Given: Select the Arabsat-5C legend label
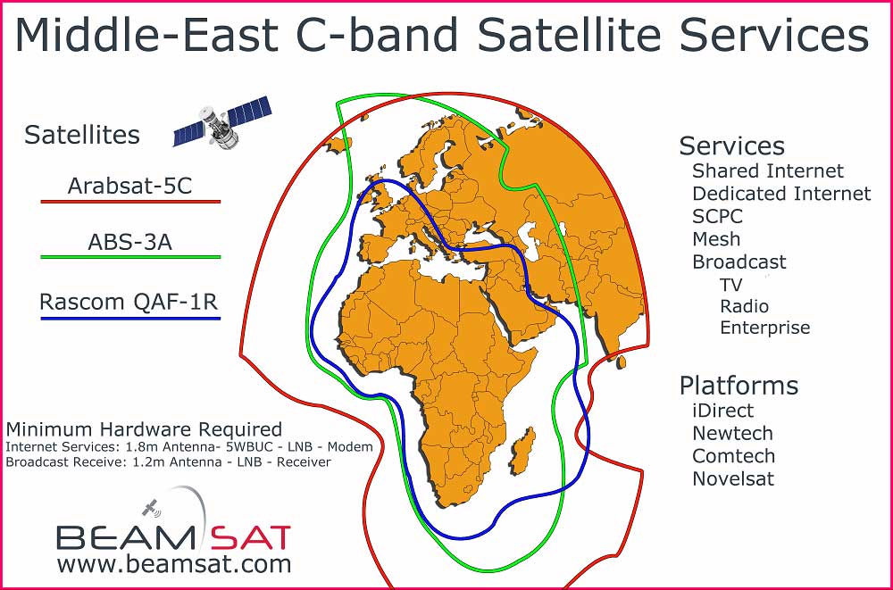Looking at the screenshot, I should pos(130,187).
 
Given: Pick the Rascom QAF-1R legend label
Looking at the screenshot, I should pos(129,302).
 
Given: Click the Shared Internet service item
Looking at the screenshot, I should pos(767,170).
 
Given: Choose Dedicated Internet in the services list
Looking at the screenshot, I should pos(781,194).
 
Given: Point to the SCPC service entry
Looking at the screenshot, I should pos(717,217).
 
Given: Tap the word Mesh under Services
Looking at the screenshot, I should pos(716,239).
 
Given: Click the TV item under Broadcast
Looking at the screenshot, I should pos(730,285).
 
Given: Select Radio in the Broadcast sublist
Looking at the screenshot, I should pos(744,306).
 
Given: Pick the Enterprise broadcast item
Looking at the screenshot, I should pos(764,328).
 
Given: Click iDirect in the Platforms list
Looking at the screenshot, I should pos(722,411).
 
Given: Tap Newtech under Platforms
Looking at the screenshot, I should pos(732,434).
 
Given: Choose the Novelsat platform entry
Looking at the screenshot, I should pos(733,479).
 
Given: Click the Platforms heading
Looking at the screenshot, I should pos(739,386).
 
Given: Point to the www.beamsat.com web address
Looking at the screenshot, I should pos(174,564).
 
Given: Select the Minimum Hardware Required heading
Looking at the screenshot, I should pos(144,429).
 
